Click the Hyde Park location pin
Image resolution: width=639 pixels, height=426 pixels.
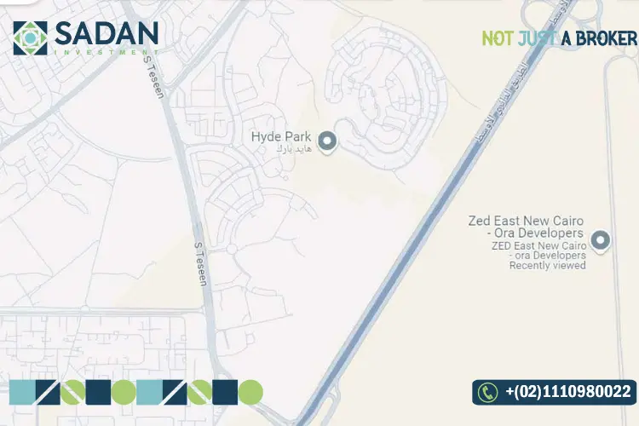[x=326, y=141]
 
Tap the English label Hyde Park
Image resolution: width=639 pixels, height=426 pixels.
[x=280, y=136]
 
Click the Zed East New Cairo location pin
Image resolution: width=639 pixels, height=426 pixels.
[x=601, y=241]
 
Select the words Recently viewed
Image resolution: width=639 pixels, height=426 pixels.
[x=547, y=265]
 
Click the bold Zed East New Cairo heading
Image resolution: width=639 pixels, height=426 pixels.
[x=526, y=227]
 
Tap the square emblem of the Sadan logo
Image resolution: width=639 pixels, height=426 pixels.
[x=30, y=37]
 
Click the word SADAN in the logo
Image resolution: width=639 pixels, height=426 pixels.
[x=106, y=33]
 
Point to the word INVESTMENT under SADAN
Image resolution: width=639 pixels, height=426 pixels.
[x=106, y=53]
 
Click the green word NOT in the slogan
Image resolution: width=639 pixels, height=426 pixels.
[x=497, y=38]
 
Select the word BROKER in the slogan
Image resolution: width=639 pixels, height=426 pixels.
[x=606, y=38]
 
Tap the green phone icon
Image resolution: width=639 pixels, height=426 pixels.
[x=487, y=392]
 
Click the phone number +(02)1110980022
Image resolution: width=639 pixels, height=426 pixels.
[x=567, y=392]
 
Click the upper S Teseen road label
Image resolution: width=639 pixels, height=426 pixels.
[x=159, y=83]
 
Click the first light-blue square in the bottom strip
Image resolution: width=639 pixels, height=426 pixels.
[x=22, y=392]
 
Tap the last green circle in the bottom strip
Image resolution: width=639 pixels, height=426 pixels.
[x=250, y=392]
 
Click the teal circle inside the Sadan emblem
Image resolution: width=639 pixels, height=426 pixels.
[x=30, y=37]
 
